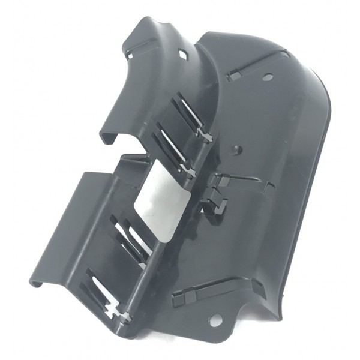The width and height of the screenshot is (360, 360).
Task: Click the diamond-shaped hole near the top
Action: point(184,55)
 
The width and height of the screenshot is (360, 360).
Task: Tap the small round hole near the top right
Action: point(267,76)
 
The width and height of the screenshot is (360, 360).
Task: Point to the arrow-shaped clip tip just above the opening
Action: point(191,174)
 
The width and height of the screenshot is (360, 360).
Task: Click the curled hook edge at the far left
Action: point(35,279)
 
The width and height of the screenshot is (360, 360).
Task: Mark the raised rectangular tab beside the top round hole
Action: point(236,76)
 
